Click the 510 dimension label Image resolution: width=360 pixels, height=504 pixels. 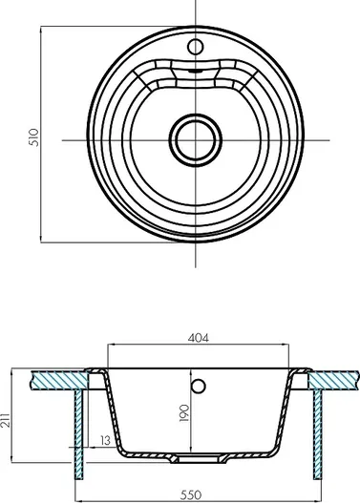click(33, 137)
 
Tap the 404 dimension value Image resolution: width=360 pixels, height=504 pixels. click(199, 338)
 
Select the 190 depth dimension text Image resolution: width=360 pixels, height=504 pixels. click(184, 413)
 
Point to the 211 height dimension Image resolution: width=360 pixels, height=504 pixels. click(5, 420)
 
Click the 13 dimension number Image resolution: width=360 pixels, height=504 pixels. click(106, 440)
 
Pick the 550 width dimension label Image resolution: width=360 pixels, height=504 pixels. click(191, 495)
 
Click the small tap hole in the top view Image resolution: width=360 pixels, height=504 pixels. click(196, 47)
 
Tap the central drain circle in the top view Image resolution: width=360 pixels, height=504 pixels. click(196, 140)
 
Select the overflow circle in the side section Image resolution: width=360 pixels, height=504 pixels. click(199, 386)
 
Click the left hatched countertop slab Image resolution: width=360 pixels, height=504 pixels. click(59, 381)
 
